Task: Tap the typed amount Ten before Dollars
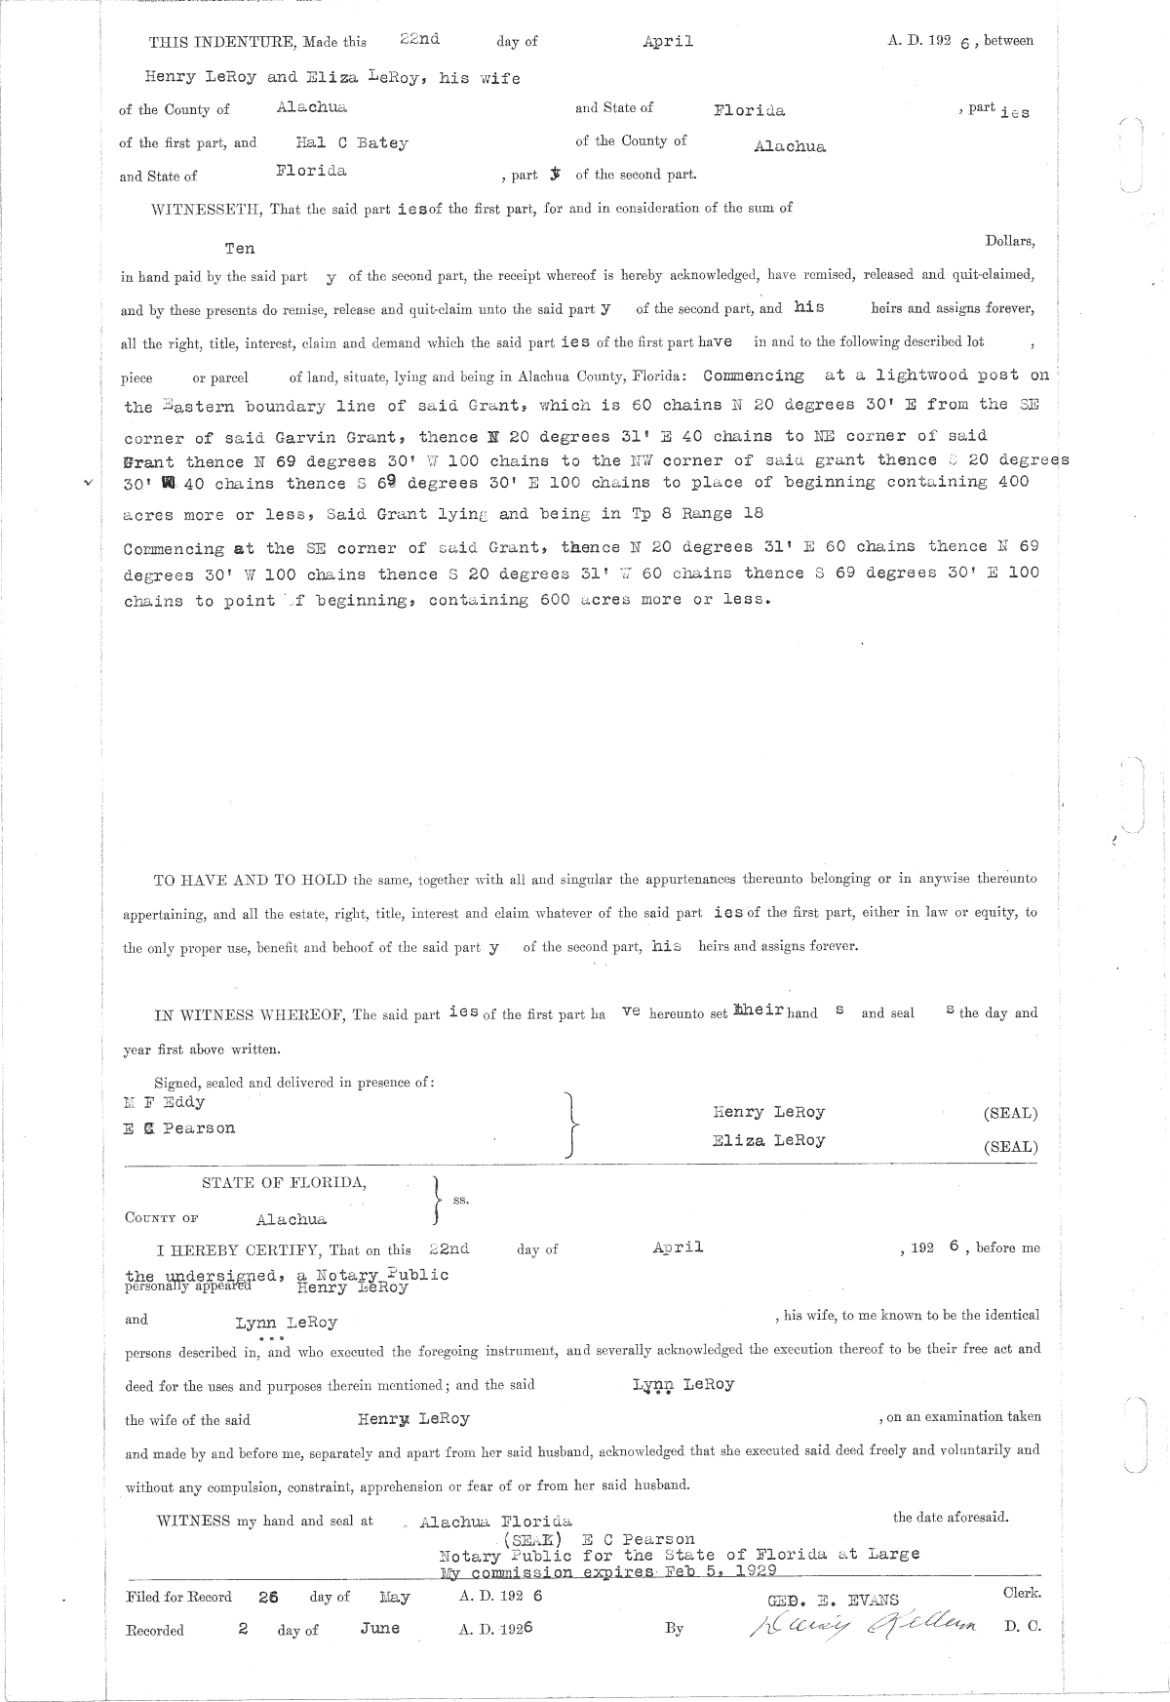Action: click(240, 249)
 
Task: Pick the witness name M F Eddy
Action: click(160, 1102)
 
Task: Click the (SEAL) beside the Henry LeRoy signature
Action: click(1010, 1114)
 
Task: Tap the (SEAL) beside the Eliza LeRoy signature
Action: click(1010, 1147)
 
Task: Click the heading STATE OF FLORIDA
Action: click(285, 1183)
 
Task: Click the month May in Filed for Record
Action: click(394, 1598)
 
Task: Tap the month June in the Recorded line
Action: click(379, 1629)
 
